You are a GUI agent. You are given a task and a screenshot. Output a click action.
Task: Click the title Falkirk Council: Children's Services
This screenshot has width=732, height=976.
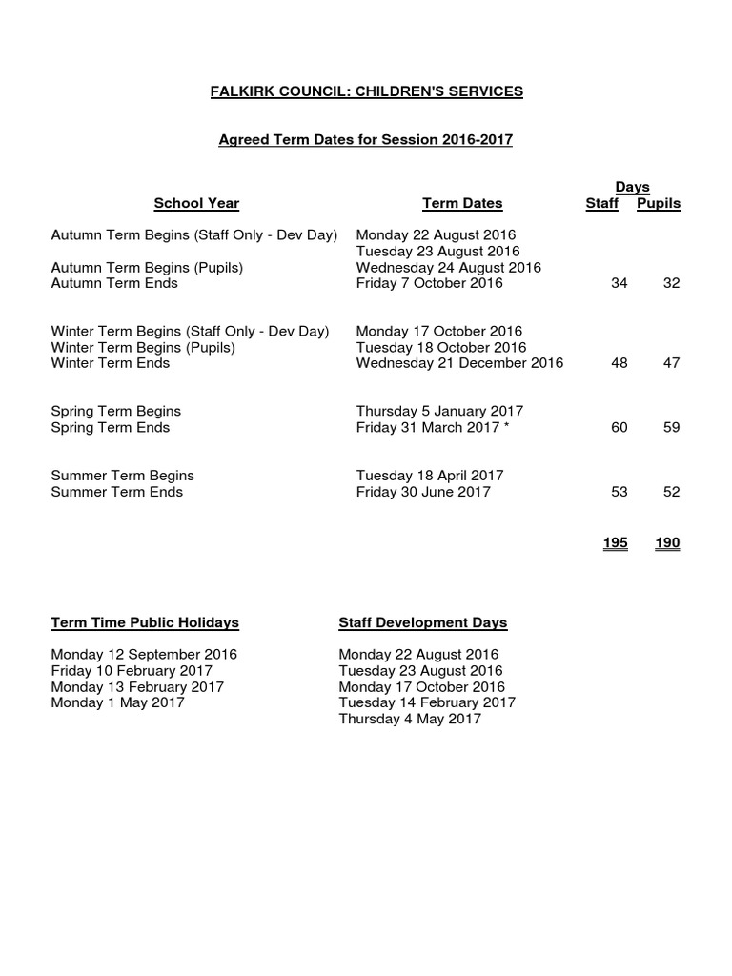click(x=366, y=91)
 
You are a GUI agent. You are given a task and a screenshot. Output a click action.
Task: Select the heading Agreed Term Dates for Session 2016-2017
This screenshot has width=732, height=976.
click(x=366, y=139)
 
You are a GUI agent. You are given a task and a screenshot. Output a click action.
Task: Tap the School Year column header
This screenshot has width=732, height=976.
click(x=196, y=203)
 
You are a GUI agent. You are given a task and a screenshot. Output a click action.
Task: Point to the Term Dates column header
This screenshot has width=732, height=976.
click(x=462, y=203)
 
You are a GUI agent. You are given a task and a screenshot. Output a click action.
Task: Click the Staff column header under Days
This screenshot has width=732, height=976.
click(x=601, y=203)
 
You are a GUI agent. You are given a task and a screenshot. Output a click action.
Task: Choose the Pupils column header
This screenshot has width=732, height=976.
click(x=659, y=203)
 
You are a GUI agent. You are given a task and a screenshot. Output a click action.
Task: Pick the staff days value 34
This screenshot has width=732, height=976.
click(x=619, y=283)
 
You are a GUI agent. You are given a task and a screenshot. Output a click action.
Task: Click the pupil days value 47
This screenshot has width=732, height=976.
click(x=671, y=363)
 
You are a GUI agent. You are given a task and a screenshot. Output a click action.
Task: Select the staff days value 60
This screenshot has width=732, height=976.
click(x=619, y=427)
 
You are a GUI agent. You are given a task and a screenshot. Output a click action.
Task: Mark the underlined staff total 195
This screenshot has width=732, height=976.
click(x=615, y=542)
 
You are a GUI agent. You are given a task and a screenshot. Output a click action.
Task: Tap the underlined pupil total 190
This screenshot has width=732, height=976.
click(x=667, y=542)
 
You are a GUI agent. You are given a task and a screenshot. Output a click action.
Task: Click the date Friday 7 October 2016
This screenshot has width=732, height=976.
click(x=430, y=283)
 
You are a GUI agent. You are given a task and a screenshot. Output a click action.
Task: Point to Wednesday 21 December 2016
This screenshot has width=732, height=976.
click(x=459, y=363)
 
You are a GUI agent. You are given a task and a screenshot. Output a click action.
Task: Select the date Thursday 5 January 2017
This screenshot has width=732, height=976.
click(x=439, y=411)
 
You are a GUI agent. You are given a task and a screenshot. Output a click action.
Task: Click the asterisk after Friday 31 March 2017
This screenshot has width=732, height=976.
click(x=506, y=426)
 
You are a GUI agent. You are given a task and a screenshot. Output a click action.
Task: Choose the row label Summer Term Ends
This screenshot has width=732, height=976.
click(x=116, y=492)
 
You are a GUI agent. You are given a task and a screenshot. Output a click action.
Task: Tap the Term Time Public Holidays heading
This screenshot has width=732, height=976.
click(x=145, y=622)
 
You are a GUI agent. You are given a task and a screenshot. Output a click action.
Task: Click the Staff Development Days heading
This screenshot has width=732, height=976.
click(x=422, y=622)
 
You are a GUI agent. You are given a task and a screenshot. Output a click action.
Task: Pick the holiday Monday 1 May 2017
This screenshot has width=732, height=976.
click(x=117, y=702)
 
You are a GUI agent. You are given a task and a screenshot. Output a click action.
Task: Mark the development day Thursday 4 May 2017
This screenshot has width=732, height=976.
click(x=410, y=719)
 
